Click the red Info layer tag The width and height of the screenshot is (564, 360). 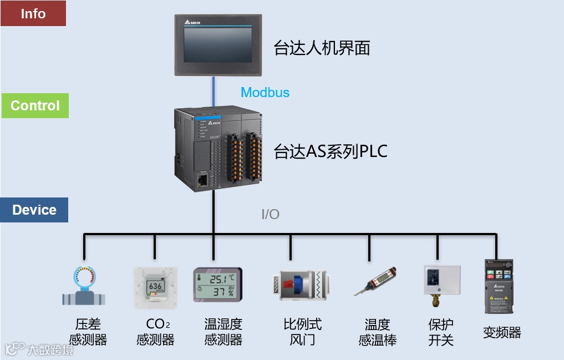point(33,13)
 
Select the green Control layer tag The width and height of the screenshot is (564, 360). point(35,105)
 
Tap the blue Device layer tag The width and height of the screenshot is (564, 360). point(34,210)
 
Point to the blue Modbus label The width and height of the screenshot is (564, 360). point(265,93)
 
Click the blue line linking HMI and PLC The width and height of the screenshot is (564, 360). point(213,92)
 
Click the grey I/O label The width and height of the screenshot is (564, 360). point(271,214)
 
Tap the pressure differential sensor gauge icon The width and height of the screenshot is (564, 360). point(84,286)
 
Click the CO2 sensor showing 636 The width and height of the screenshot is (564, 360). point(155,287)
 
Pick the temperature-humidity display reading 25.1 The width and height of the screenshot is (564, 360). point(217,285)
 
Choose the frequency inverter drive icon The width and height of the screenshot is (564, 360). point(499,286)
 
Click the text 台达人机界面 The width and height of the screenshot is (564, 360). point(322,48)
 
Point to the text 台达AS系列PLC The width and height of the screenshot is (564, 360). point(331,151)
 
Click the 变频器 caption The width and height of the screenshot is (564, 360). point(502,333)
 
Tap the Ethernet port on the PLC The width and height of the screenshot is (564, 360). point(203,179)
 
